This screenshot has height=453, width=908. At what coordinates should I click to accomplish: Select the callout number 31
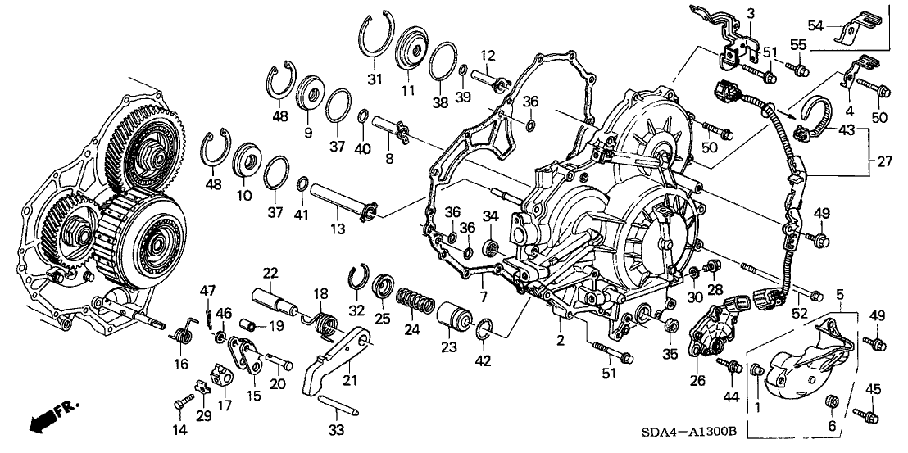point(375,79)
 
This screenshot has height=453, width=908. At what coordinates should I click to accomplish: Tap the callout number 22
point(270,273)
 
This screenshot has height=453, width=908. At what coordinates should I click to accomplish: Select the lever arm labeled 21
point(336,360)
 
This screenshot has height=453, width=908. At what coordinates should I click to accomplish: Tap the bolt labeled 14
point(180,404)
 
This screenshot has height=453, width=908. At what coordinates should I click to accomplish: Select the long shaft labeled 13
point(343,201)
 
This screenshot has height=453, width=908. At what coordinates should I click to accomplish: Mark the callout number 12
point(488,55)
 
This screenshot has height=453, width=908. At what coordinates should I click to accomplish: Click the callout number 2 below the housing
point(561,340)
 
